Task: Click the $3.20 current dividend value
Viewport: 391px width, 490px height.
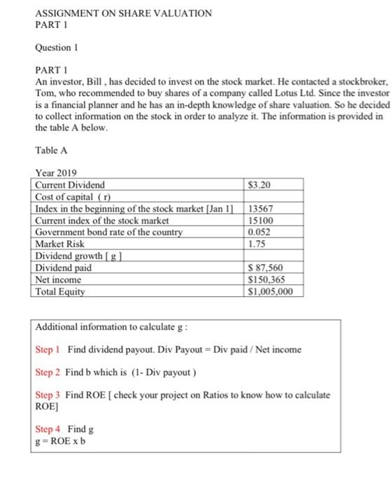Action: (260, 185)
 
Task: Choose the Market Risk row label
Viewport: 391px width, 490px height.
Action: (59, 244)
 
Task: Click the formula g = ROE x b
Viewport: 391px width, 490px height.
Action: (64, 440)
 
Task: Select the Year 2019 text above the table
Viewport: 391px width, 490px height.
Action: (56, 173)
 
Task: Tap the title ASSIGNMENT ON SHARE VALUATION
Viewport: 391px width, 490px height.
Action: (123, 13)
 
